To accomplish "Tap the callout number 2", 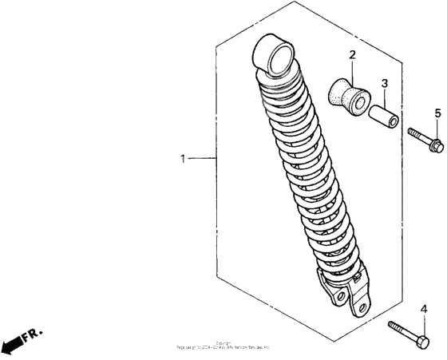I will coord(350,55).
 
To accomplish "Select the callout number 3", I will coord(384,83).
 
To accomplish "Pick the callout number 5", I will coord(437,113).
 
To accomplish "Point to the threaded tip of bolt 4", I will coord(392,324).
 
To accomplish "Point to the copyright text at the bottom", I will coord(223,346).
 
